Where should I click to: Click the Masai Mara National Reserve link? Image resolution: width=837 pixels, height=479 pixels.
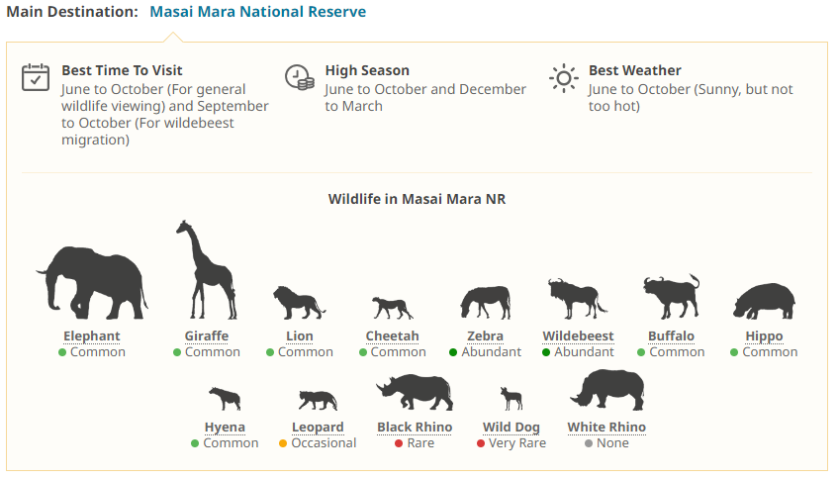coord(258,12)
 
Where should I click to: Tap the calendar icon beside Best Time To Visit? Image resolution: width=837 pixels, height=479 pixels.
coord(36,77)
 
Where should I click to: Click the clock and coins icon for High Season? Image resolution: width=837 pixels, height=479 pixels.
coord(300,77)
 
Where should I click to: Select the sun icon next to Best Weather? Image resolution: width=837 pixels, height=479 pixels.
coord(563,78)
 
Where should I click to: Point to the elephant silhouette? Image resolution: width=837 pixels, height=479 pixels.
coord(92,282)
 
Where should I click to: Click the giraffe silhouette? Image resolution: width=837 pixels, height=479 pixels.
coord(206,269)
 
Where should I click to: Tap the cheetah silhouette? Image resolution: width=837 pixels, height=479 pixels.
coord(393,308)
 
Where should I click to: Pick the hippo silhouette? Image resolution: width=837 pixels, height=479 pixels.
coord(764,301)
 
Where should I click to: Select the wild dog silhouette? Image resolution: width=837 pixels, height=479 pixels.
coord(511,399)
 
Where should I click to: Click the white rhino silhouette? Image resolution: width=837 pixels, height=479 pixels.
coord(606,390)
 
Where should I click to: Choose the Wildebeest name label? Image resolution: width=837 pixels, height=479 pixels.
coord(578,336)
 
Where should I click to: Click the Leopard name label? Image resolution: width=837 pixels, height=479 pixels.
coord(318,428)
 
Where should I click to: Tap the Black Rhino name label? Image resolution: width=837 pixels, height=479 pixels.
coord(415,428)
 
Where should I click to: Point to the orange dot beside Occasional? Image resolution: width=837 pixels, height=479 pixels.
coord(283,443)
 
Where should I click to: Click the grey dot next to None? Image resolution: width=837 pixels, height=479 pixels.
coord(589,443)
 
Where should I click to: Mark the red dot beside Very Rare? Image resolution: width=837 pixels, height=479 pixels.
coord(481,443)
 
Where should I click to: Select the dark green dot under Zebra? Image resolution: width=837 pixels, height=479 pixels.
coord(453,352)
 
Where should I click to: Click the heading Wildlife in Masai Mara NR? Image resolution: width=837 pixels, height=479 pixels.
coord(417,199)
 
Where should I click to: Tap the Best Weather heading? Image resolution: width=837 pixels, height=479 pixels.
coord(635,70)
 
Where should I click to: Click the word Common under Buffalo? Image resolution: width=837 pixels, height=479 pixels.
coord(677,352)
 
